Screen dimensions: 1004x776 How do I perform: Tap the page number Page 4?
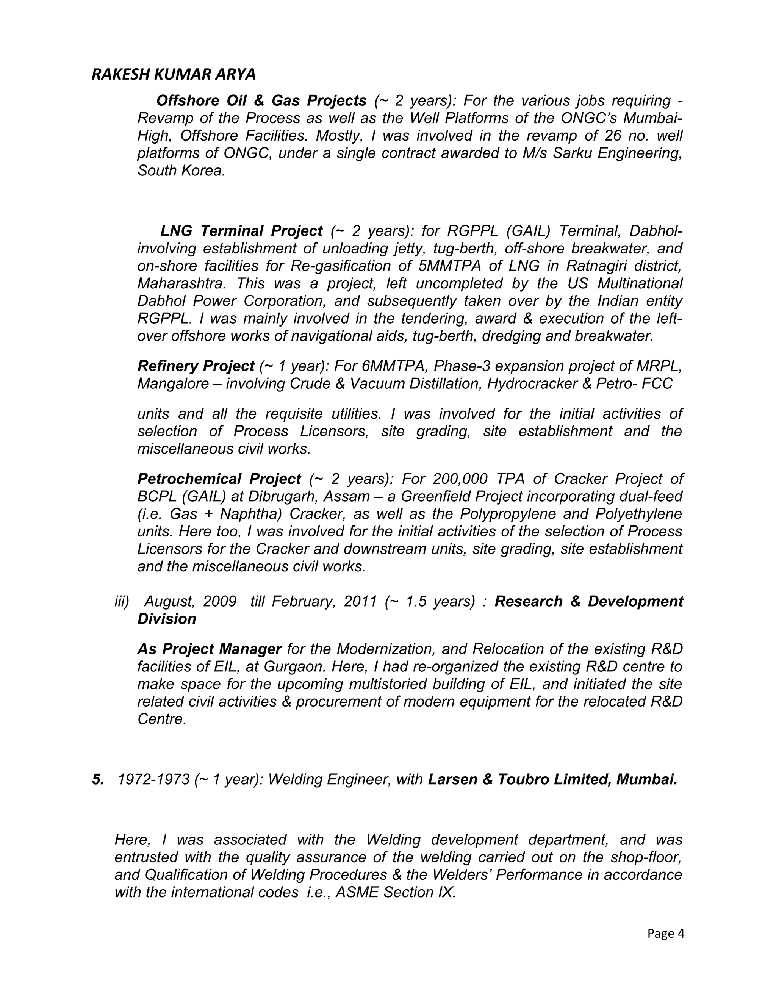(x=665, y=933)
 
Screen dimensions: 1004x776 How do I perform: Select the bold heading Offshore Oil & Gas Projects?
(x=261, y=100)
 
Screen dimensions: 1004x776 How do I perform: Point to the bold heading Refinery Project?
(x=196, y=366)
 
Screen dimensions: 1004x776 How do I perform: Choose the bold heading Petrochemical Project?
(x=219, y=479)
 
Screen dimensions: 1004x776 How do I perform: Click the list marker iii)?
(x=122, y=601)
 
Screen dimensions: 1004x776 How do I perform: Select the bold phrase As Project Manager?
(x=209, y=649)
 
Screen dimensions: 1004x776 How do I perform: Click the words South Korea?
(x=181, y=170)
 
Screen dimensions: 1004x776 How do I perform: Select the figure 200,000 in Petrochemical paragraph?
(x=460, y=479)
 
